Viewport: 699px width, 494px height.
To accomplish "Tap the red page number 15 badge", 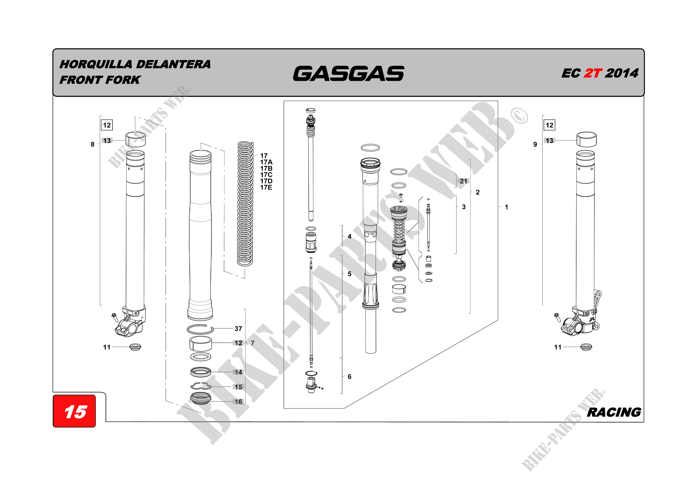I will pyautogui.click(x=75, y=411).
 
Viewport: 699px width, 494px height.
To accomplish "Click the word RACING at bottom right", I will pyautogui.click(x=614, y=412).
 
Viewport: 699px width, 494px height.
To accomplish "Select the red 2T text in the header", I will pyautogui.click(x=593, y=73).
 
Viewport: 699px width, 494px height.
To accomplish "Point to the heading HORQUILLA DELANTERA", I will pyautogui.click(x=135, y=64).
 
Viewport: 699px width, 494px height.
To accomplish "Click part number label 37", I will pyautogui.click(x=238, y=329).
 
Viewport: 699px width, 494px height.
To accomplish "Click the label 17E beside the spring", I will pyautogui.click(x=266, y=188).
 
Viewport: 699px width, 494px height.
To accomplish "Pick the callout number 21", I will pyautogui.click(x=463, y=181).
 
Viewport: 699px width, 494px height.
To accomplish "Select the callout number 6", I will pyautogui.click(x=349, y=377).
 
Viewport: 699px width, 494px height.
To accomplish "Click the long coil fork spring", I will pyautogui.click(x=245, y=204).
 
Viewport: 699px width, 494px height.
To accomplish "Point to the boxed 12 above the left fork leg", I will pyautogui.click(x=107, y=125).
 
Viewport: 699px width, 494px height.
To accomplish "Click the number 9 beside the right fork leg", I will pyautogui.click(x=535, y=144).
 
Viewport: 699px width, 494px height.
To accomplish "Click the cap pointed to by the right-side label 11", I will pyautogui.click(x=586, y=347).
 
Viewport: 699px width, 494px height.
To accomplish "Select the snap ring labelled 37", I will pyautogui.click(x=200, y=329).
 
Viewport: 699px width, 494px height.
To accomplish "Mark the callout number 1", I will pyautogui.click(x=506, y=207).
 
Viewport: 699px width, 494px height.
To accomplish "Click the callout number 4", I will pyautogui.click(x=349, y=236).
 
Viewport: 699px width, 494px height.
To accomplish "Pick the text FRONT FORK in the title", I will pyautogui.click(x=100, y=80).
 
